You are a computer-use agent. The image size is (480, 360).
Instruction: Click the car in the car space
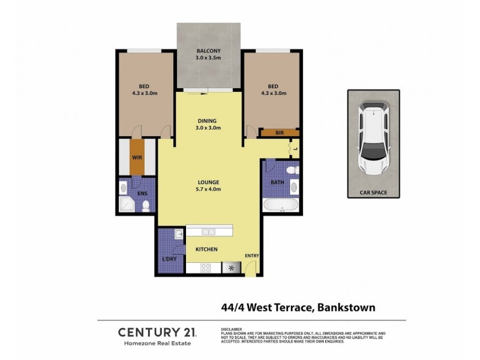(x=373, y=139)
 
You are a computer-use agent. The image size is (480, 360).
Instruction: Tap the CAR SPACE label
(x=373, y=193)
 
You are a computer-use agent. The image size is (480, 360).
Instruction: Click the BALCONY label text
(x=208, y=50)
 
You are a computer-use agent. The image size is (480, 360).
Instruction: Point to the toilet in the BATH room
(x=292, y=171)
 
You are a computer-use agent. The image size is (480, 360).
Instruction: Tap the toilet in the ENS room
(x=146, y=206)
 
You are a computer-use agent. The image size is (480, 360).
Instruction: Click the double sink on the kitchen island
(x=209, y=232)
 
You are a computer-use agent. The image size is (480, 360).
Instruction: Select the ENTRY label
(x=251, y=256)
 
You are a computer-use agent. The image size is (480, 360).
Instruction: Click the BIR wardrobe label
(x=279, y=133)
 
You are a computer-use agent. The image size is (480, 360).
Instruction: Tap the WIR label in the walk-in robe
(x=137, y=158)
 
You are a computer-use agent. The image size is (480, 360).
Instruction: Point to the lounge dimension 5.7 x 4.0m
(x=208, y=190)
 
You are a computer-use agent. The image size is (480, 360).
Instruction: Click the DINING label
(x=208, y=121)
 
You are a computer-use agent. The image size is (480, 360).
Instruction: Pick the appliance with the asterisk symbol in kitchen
(x=231, y=268)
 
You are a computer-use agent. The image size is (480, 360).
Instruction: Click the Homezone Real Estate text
(x=148, y=343)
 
